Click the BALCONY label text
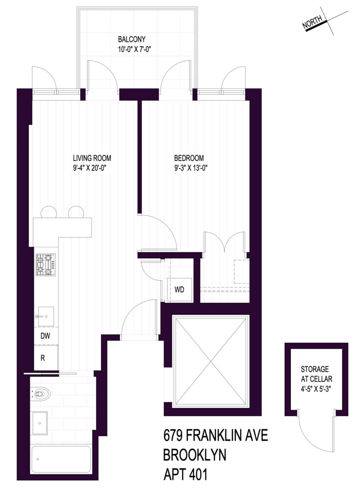[132, 39]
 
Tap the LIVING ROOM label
[92, 158]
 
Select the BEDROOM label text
[189, 158]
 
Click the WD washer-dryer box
[180, 289]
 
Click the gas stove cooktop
[45, 265]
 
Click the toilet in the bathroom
[41, 392]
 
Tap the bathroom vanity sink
[39, 422]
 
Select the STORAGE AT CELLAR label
[315, 374]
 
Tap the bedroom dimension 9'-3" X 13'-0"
[189, 167]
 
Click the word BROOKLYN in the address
[194, 455]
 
